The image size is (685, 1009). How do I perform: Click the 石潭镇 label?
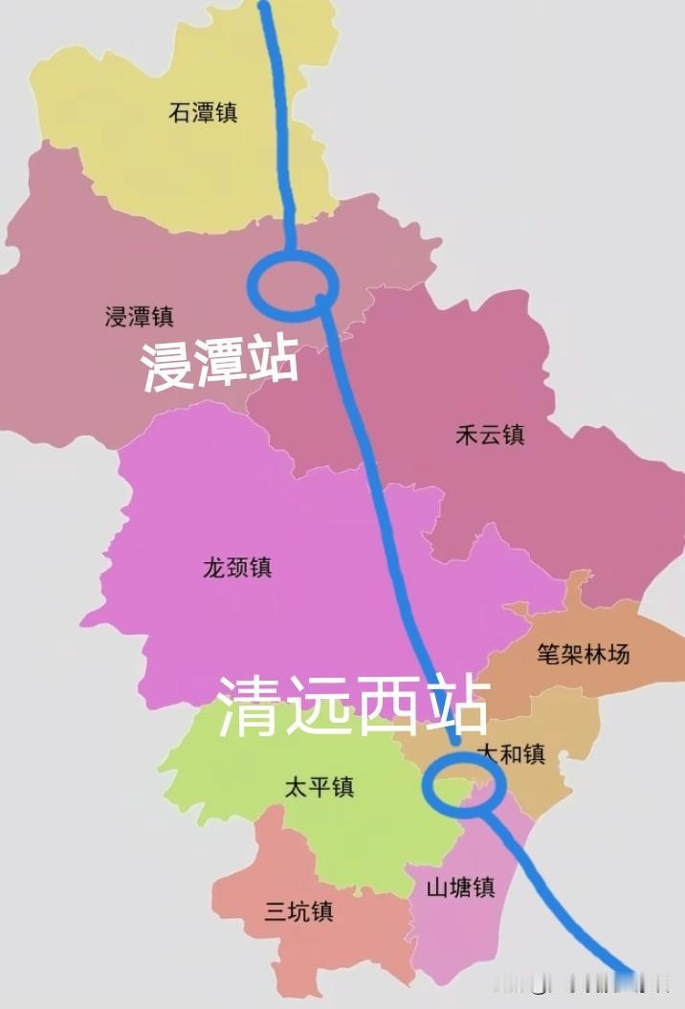[203, 113]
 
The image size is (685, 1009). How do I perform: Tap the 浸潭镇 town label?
[140, 317]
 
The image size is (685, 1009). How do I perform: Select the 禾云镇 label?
[491, 435]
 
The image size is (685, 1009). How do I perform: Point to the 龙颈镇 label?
[237, 567]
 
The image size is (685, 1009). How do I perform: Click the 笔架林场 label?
[583, 655]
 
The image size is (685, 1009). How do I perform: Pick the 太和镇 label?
[512, 753]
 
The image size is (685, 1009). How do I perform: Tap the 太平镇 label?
[319, 788]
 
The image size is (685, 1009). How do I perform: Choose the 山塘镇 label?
[460, 887]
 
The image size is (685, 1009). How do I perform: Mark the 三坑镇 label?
[298, 911]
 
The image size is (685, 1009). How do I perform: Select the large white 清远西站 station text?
[353, 706]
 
